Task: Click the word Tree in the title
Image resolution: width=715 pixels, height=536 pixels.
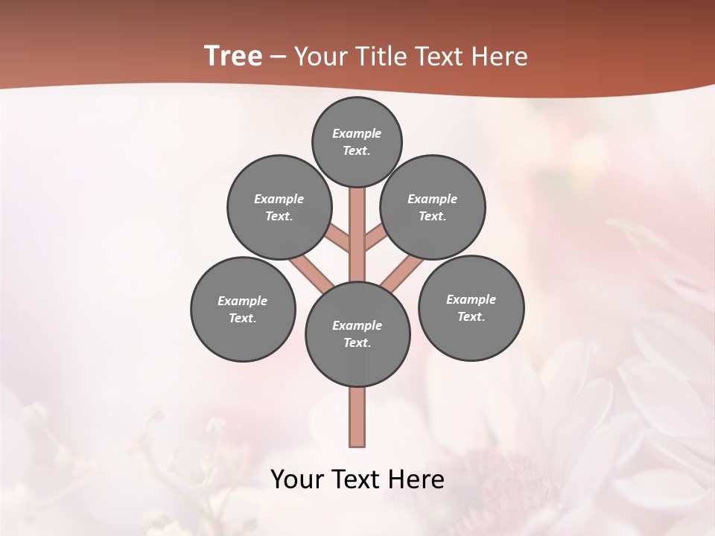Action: tap(233, 57)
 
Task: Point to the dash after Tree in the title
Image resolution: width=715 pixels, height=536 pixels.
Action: tap(279, 57)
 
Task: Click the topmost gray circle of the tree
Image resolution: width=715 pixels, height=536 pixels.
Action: tap(357, 141)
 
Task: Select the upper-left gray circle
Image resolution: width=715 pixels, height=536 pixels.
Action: tap(279, 207)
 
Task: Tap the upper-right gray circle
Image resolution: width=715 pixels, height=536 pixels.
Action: tap(433, 207)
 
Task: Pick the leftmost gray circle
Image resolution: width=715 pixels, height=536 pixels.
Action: tap(243, 309)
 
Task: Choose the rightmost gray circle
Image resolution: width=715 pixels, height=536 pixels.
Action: tap(471, 307)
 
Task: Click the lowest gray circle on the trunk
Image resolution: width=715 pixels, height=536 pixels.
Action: tap(357, 334)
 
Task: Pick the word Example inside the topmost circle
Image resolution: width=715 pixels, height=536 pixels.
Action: tap(357, 133)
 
